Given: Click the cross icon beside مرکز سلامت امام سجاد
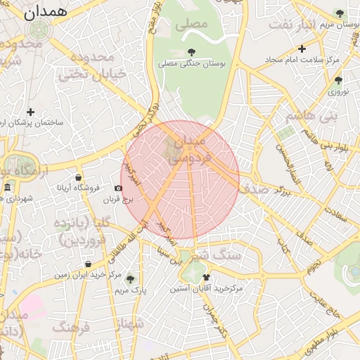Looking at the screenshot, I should click(302, 49).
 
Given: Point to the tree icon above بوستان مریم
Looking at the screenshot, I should click(340, 13).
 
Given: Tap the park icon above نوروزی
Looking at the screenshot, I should click(338, 80).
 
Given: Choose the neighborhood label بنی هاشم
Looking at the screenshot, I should click(311, 114).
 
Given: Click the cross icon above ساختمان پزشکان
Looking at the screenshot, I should click(30, 112).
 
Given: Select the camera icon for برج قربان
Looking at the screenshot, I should click(118, 188).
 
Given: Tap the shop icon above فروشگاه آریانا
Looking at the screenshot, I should click(77, 177).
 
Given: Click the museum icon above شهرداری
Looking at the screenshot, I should click(8, 188).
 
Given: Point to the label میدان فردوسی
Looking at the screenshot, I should click(187, 150).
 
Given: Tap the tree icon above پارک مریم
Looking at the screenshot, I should click(129, 278).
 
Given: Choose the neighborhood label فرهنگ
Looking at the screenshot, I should click(71, 327).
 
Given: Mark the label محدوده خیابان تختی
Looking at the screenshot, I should click(95, 65).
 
